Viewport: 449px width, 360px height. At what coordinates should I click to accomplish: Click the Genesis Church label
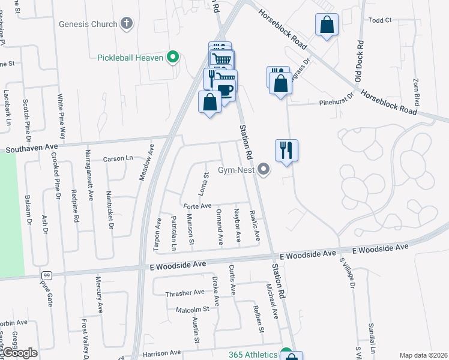[x=88, y=24]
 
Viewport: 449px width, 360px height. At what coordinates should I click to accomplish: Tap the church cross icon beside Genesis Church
[x=126, y=24]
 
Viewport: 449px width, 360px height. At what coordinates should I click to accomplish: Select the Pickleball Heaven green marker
[x=173, y=58]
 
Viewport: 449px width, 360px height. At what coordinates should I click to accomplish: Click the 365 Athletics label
[x=253, y=354]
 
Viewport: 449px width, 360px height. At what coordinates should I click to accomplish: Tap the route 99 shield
[x=46, y=275]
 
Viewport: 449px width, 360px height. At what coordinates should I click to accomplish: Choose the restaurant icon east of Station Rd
[x=286, y=149]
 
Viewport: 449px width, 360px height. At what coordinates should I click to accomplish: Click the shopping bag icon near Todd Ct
[x=327, y=26]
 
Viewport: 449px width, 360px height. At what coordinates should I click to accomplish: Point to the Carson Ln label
[x=117, y=158]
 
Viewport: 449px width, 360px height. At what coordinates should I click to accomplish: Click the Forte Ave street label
[x=197, y=206]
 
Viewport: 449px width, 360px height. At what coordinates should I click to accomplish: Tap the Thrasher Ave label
[x=185, y=293]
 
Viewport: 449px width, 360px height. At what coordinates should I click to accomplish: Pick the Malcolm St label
[x=191, y=309]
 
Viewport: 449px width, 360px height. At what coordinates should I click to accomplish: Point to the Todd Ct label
[x=380, y=20]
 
